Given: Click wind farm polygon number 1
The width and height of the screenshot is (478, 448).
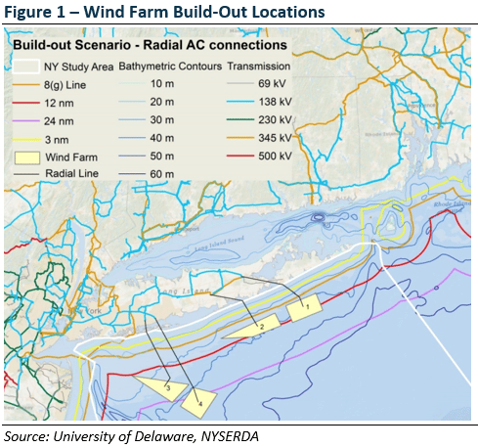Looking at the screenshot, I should coord(304,308).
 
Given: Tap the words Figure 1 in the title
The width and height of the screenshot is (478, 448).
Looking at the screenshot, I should coord(35,14).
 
